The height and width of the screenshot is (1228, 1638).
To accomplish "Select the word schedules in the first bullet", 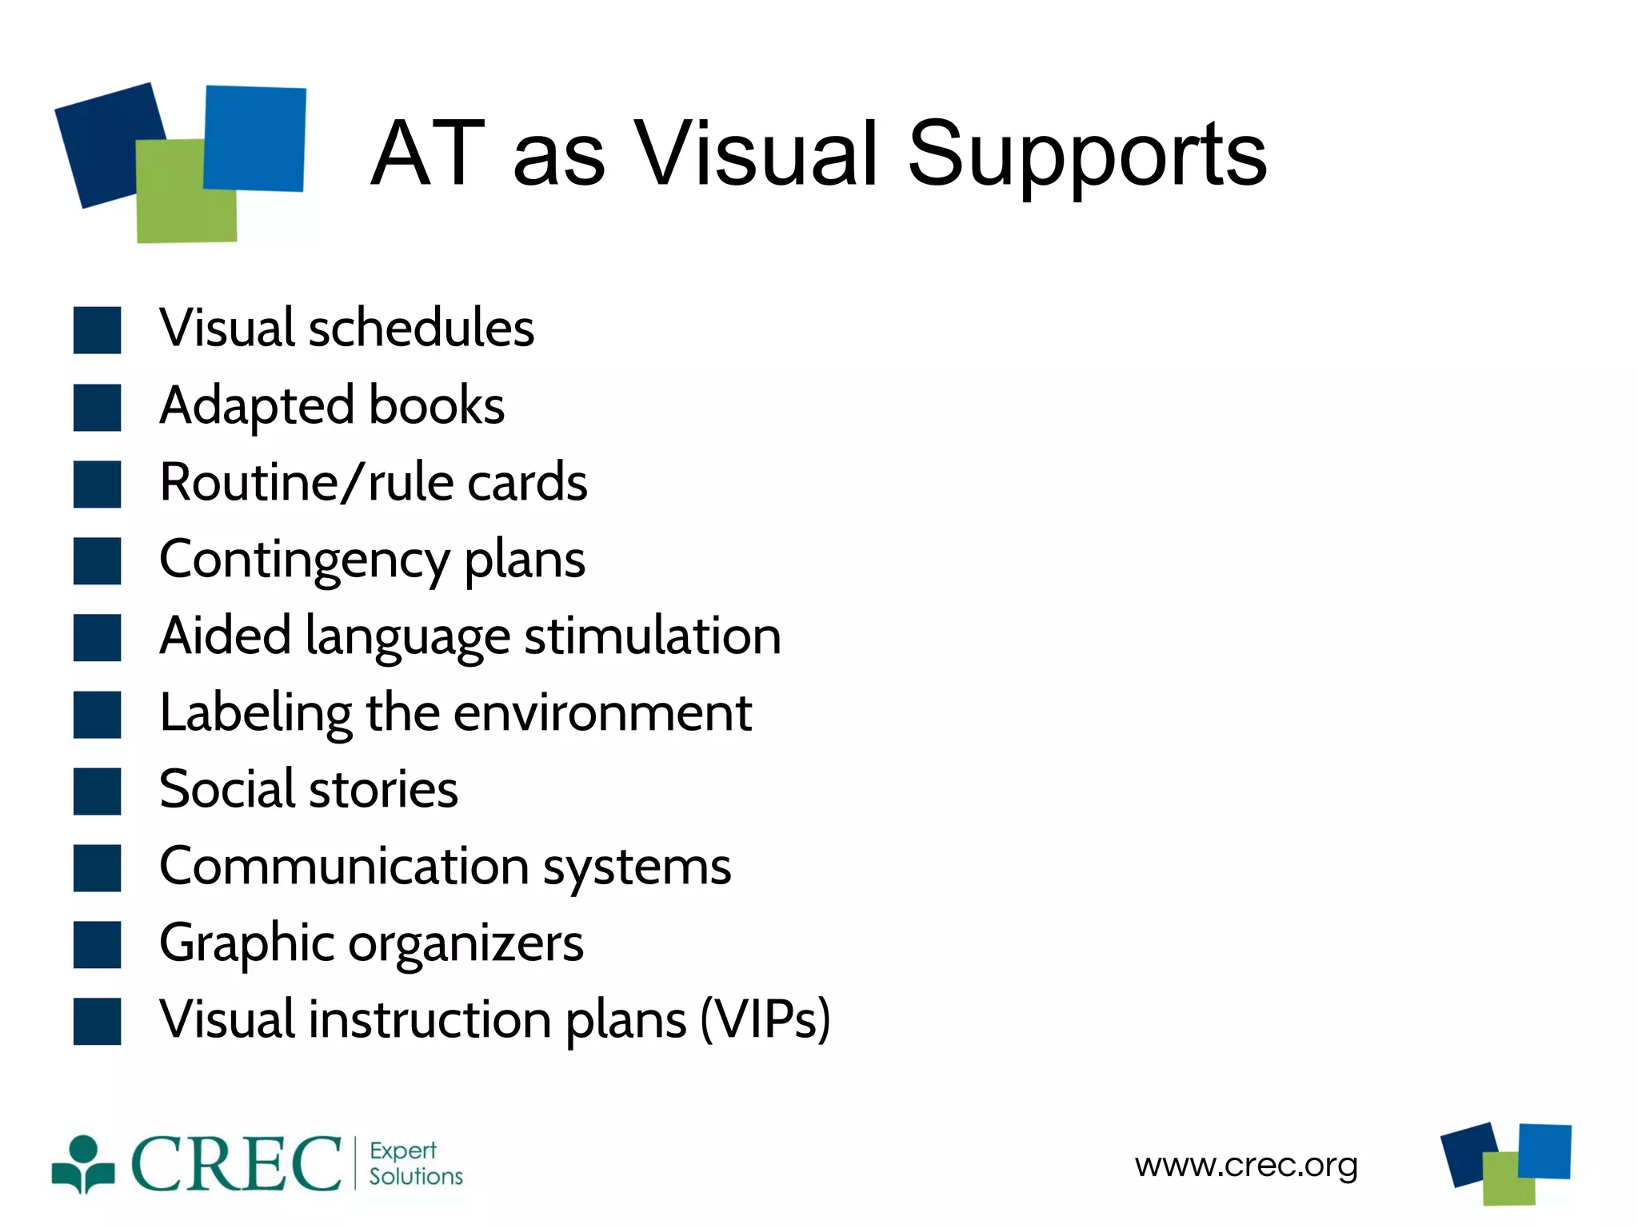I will pyautogui.click(x=421, y=328).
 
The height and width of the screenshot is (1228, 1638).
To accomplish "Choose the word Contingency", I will pyautogui.click(x=305, y=560).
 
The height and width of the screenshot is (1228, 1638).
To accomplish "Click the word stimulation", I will pyautogui.click(x=653, y=636).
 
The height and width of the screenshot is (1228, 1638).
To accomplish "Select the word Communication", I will pyautogui.click(x=345, y=866).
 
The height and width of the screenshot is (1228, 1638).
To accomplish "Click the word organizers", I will pyautogui.click(x=465, y=943).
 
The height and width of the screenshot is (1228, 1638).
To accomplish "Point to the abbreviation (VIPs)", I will pyautogui.click(x=765, y=1019).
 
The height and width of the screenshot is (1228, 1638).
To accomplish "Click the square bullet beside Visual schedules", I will pyautogui.click(x=98, y=330).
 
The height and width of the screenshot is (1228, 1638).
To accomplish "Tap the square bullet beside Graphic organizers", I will pyautogui.click(x=98, y=944).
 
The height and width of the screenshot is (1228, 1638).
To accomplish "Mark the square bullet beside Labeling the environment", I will pyautogui.click(x=98, y=714).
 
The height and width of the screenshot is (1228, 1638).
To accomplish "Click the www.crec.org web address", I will pyautogui.click(x=1246, y=1165).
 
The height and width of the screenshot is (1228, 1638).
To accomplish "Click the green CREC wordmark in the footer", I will pyautogui.click(x=236, y=1164).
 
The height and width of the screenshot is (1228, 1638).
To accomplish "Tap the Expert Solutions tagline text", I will pyautogui.click(x=415, y=1163).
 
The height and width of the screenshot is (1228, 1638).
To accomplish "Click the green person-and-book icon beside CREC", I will pyautogui.click(x=82, y=1164).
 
